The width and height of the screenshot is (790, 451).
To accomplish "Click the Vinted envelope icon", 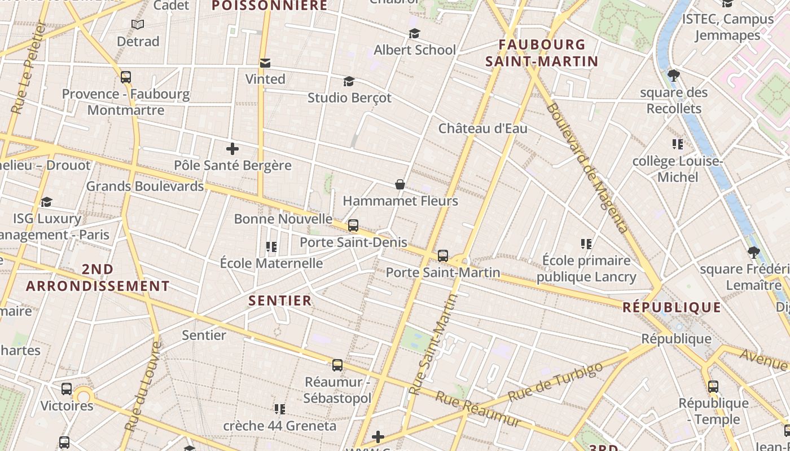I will [265, 63].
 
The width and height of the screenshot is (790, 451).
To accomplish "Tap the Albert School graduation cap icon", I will [414, 34].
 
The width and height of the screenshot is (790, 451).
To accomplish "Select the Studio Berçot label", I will [349, 98].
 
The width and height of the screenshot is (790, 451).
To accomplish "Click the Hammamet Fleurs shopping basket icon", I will [400, 184].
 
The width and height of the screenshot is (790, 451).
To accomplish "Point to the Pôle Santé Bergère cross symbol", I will [232, 149].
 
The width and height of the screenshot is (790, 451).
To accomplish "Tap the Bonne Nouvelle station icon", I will [353, 225].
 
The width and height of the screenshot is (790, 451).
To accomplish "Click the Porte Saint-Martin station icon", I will [443, 256].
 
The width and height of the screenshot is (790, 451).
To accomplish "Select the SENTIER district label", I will [280, 300].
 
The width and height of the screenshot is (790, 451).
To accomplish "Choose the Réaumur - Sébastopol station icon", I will [337, 365].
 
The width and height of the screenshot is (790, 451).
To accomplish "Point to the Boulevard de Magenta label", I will [587, 167].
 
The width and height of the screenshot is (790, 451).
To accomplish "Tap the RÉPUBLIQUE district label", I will [671, 307].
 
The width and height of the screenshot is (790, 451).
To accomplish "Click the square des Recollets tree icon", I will [673, 75].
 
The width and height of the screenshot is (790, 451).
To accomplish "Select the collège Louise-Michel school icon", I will [677, 144].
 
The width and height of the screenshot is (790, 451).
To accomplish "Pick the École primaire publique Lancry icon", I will [586, 244].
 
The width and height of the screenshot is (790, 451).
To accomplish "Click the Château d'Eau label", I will [483, 129].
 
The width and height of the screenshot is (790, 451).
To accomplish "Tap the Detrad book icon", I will [138, 24].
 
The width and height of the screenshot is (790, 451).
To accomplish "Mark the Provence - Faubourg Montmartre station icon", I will [126, 77].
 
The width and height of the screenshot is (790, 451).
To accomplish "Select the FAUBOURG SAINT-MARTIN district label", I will [542, 52].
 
